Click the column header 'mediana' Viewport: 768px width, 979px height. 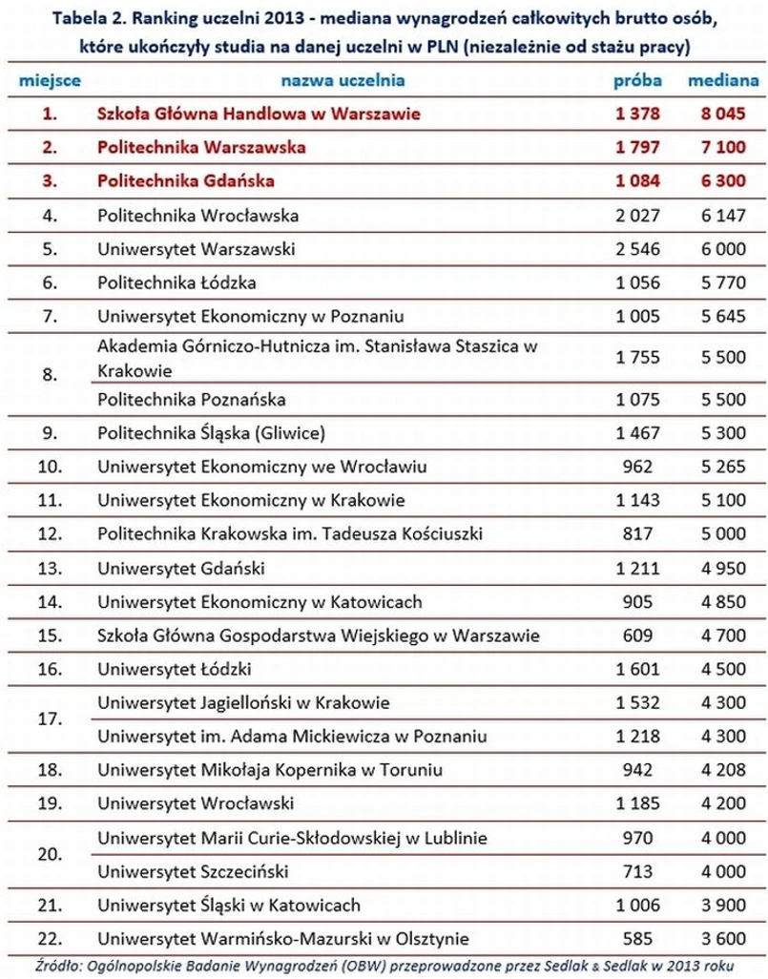[723, 81]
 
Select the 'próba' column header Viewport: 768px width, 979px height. [637, 81]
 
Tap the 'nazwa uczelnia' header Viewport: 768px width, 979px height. [342, 81]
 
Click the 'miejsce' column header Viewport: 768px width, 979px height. [50, 81]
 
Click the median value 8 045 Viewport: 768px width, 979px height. [723, 114]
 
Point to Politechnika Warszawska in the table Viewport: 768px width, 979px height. [201, 148]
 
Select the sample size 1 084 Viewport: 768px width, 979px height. [637, 181]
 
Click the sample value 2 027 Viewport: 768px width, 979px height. [637, 216]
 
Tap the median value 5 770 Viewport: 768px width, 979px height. [723, 282]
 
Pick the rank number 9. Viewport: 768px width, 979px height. [51, 433]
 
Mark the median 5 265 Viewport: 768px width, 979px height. [723, 467]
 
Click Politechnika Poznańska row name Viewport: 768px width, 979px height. [192, 399]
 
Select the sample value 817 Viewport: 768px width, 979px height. [637, 534]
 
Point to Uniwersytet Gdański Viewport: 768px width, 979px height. [181, 569]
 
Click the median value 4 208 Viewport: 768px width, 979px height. [723, 770]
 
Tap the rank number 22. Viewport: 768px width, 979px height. [51, 938]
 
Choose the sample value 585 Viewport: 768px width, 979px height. [637, 938]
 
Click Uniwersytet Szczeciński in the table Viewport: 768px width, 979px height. [193, 871]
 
